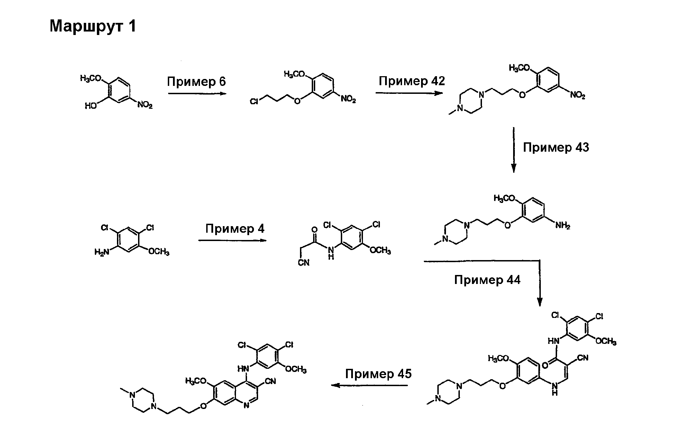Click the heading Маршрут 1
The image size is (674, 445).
93,26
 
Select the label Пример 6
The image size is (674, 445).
196,82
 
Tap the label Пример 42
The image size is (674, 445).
412,81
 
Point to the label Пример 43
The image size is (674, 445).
556,148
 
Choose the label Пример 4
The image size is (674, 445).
235,229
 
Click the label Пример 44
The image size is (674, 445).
487,280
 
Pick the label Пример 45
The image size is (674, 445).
379,374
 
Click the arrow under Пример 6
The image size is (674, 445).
197,94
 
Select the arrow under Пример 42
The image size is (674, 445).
409,93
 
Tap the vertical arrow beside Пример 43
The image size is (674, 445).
514,150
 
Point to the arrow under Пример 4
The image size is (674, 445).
233,240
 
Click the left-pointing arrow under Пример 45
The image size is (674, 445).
370,385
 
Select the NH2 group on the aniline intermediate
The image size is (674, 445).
563,226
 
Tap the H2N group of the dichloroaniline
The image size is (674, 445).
102,252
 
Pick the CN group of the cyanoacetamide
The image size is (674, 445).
304,263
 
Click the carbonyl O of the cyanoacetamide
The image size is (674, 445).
315,230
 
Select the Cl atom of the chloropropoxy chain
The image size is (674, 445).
254,101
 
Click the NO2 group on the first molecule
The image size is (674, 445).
145,105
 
